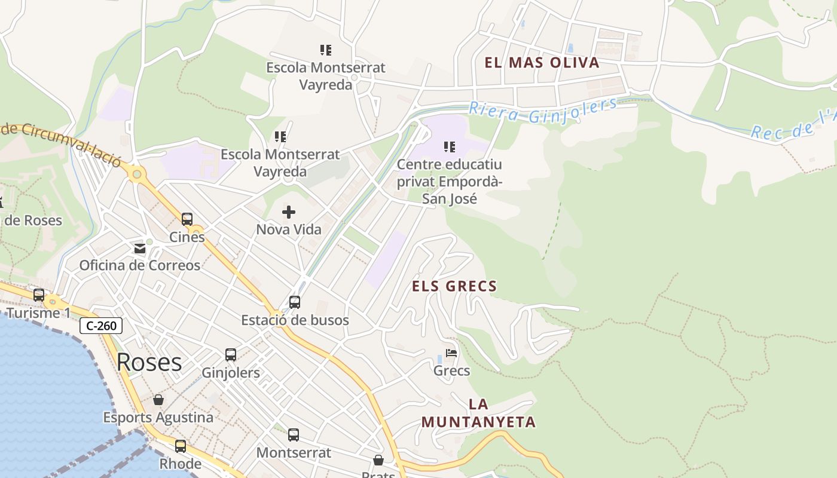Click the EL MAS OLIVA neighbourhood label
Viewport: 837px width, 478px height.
click(542, 63)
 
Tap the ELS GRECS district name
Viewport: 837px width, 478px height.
click(454, 286)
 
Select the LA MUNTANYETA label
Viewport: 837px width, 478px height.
click(478, 413)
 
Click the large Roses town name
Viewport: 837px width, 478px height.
click(149, 362)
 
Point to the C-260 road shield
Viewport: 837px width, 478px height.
click(101, 326)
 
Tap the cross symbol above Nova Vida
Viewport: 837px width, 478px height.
click(289, 212)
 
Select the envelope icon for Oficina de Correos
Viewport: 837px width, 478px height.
click(140, 249)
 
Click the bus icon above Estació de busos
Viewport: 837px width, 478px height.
click(295, 302)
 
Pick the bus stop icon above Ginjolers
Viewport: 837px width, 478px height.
click(231, 355)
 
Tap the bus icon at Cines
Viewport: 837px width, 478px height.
click(187, 219)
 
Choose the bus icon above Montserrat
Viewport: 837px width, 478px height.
click(294, 435)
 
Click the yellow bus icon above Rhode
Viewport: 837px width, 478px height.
click(181, 446)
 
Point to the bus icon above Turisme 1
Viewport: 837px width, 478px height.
click(39, 295)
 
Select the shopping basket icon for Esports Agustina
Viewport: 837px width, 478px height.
click(158, 400)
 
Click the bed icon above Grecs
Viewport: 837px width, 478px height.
click(451, 353)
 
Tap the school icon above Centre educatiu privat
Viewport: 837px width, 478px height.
click(450, 146)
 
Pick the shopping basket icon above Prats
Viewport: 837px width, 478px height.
click(378, 460)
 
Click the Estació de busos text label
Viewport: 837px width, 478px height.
click(295, 320)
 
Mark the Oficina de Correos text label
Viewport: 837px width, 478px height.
click(140, 265)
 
